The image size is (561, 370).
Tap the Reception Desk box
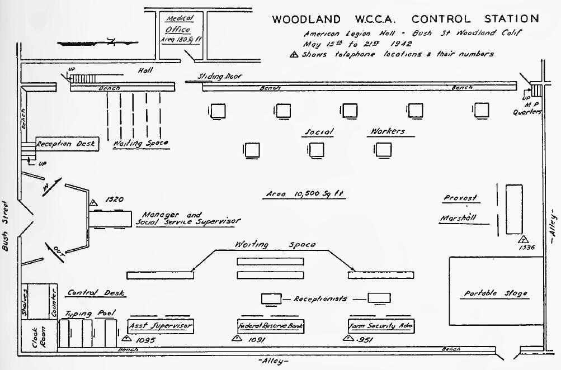(68, 144)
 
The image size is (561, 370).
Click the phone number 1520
(114, 198)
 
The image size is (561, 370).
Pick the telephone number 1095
(145, 339)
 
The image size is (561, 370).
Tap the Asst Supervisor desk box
(161, 325)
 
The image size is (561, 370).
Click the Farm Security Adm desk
(381, 325)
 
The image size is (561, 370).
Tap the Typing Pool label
(86, 314)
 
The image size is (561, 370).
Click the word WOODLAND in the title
(305, 18)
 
